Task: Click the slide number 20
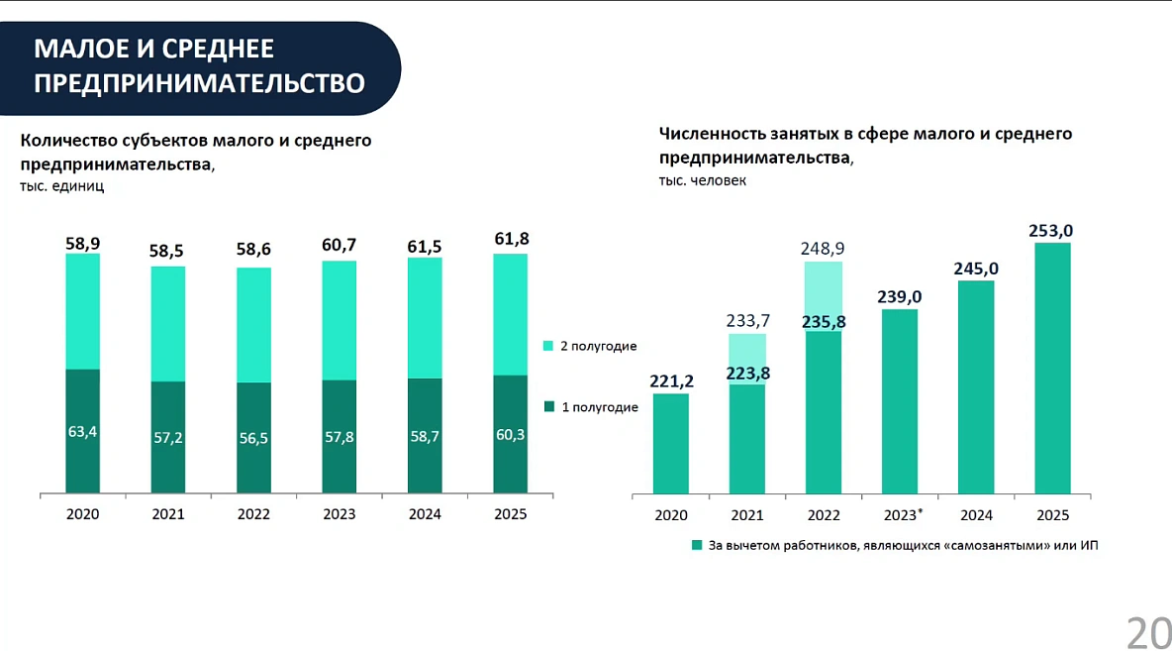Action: [x=1148, y=631]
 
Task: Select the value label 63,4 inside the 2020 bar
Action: [x=82, y=431]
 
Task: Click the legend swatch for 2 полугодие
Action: [x=549, y=346]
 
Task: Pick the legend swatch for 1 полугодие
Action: [x=549, y=406]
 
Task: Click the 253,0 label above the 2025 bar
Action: [x=1052, y=231]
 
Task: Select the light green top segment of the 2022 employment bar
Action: [x=824, y=295]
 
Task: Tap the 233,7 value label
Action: [x=747, y=320]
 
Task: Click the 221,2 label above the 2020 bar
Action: [x=670, y=380]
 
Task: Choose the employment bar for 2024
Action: [x=976, y=386]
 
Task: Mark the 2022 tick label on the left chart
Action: [x=253, y=515]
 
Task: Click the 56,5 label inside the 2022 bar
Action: [x=253, y=438]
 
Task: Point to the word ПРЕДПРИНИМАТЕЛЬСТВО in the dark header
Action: [x=199, y=83]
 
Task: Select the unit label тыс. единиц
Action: [x=61, y=185]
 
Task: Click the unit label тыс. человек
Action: [x=703, y=180]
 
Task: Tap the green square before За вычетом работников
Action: [x=697, y=545]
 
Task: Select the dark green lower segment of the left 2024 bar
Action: [x=425, y=436]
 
